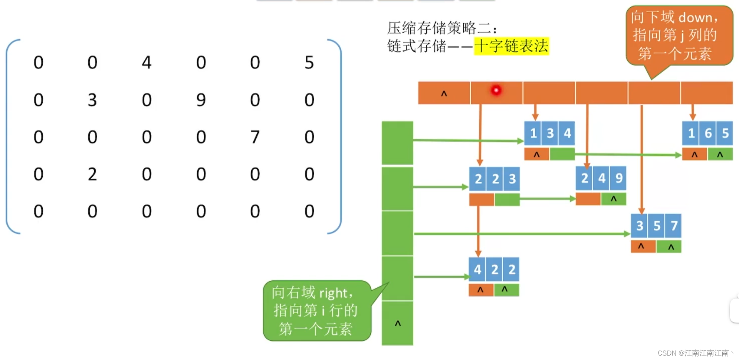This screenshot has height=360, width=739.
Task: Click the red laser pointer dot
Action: [496, 90]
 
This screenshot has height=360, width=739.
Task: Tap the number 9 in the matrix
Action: [201, 100]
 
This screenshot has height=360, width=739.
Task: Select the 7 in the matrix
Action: [255, 137]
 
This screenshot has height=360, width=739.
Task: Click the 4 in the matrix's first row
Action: [147, 62]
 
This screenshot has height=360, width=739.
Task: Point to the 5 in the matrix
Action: [309, 62]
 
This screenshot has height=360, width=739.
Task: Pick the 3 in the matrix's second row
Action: [92, 100]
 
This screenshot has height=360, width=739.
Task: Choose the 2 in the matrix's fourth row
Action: [92, 174]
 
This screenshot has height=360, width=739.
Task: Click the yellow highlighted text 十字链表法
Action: [511, 46]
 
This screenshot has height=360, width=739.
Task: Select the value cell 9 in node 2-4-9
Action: [619, 178]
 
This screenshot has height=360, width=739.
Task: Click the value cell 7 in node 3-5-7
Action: [674, 225]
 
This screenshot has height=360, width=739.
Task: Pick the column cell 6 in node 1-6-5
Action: [708, 133]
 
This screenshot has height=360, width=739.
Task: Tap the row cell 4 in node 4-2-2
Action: [477, 270]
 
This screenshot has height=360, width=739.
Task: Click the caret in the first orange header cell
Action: [444, 93]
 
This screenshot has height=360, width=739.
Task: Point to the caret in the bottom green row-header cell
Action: [398, 323]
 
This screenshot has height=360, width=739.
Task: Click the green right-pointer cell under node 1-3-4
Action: [562, 154]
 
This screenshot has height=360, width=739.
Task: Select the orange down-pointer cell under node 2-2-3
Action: [481, 199]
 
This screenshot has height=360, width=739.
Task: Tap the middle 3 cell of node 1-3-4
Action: [550, 133]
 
